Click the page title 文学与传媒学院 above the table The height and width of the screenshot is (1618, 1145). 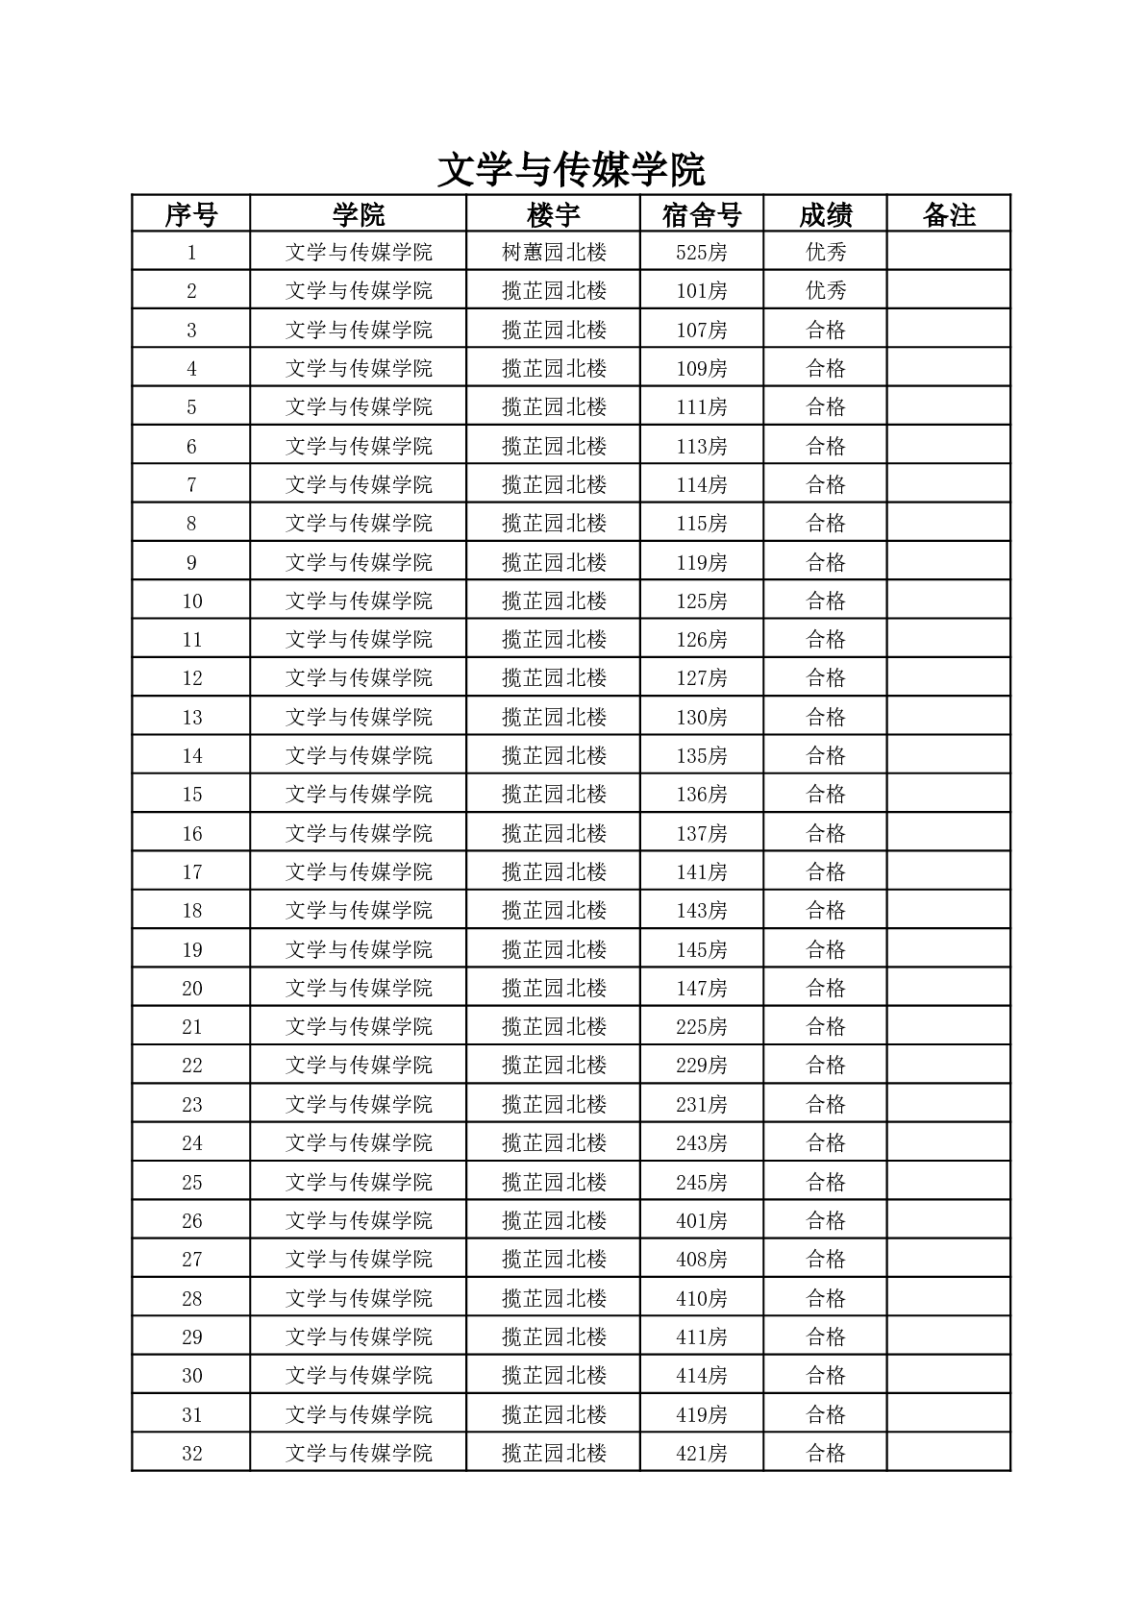(571, 170)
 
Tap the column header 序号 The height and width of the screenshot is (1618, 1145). (191, 214)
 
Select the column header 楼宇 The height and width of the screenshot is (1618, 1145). (554, 214)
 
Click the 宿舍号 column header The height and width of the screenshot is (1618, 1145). (702, 214)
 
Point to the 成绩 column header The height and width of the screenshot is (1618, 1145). (826, 214)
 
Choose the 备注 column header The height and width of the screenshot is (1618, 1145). (949, 214)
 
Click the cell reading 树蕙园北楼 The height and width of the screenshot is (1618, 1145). (554, 253)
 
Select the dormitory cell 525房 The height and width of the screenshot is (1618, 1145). (702, 253)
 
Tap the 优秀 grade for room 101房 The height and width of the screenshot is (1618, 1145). (826, 291)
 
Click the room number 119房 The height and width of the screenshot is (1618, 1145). (702, 562)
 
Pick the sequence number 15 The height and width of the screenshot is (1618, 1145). (191, 795)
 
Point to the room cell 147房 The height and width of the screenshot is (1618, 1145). (702, 988)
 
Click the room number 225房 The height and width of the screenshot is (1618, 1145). (702, 1027)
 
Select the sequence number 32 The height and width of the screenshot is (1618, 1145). (191, 1453)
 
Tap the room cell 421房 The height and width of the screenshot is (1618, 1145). (702, 1453)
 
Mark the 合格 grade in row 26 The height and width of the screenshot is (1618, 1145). (826, 1220)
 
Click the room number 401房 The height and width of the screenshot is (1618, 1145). (702, 1220)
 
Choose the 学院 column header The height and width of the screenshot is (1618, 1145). (359, 214)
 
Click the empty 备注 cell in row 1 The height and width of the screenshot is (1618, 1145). (949, 253)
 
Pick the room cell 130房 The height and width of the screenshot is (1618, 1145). (702, 717)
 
